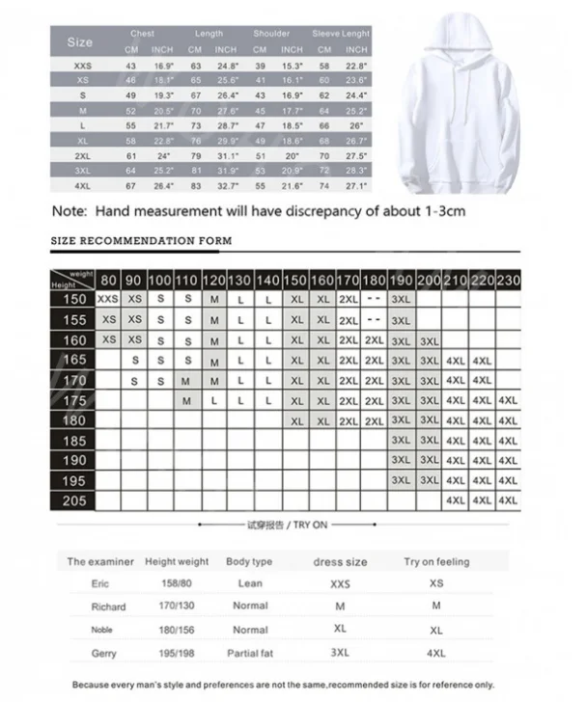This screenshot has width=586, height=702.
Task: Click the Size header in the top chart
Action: tap(80, 41)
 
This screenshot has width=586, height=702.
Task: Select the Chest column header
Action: tap(142, 34)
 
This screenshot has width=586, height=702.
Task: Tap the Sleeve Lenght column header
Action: tap(340, 34)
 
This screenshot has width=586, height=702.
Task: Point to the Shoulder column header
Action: tap(271, 34)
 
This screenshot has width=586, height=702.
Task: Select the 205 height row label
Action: tap(74, 500)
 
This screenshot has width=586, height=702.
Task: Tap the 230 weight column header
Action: tap(508, 280)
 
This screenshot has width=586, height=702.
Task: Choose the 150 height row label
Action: tap(74, 300)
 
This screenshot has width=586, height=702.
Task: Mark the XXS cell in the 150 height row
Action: tap(109, 300)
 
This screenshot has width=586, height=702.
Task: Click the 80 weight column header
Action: tap(109, 280)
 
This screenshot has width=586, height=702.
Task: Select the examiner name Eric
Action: tap(100, 583)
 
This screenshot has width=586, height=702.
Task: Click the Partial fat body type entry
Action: tap(250, 653)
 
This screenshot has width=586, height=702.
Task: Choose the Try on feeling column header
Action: tap(436, 561)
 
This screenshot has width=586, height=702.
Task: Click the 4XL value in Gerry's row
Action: tap(436, 653)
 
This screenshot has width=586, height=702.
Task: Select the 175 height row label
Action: tap(74, 400)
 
